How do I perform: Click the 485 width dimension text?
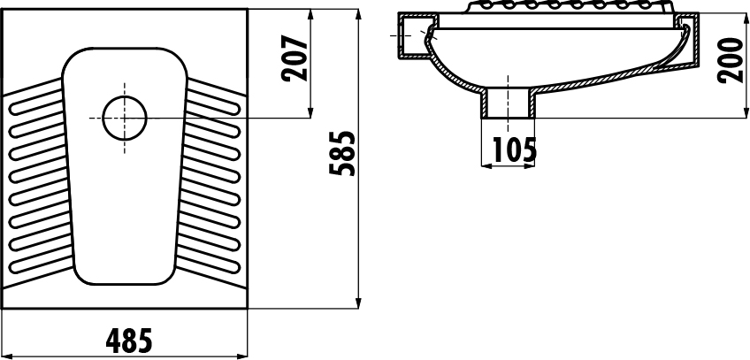coord(128,341)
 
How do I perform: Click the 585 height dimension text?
coord(342,153)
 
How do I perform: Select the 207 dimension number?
coord(295,57)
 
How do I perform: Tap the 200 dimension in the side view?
coord(731,60)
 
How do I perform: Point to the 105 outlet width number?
coord(515,150)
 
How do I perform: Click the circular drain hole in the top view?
coord(125,119)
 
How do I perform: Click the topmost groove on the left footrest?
coord(36,102)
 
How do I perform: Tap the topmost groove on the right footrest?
coord(212,102)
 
